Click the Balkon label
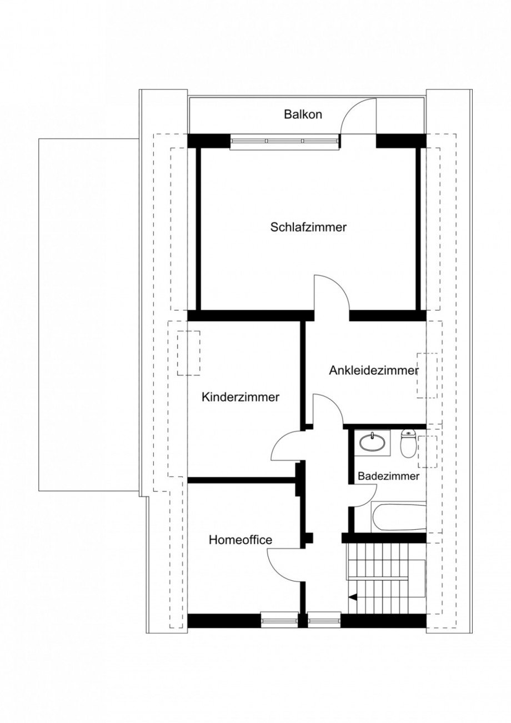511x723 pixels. coord(303,115)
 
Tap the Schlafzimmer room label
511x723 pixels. coord(309,227)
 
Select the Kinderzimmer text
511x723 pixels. coord(241,398)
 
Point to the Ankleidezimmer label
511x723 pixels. coord(373,370)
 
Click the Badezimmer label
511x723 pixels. coord(388,476)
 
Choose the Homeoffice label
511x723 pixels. coord(241,540)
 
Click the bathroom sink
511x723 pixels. coord(372,443)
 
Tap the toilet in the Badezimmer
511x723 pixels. coord(409,444)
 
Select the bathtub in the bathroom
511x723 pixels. coord(399,517)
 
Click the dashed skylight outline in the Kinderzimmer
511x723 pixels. coord(189,353)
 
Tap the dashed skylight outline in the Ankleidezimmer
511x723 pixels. coord(427,375)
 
